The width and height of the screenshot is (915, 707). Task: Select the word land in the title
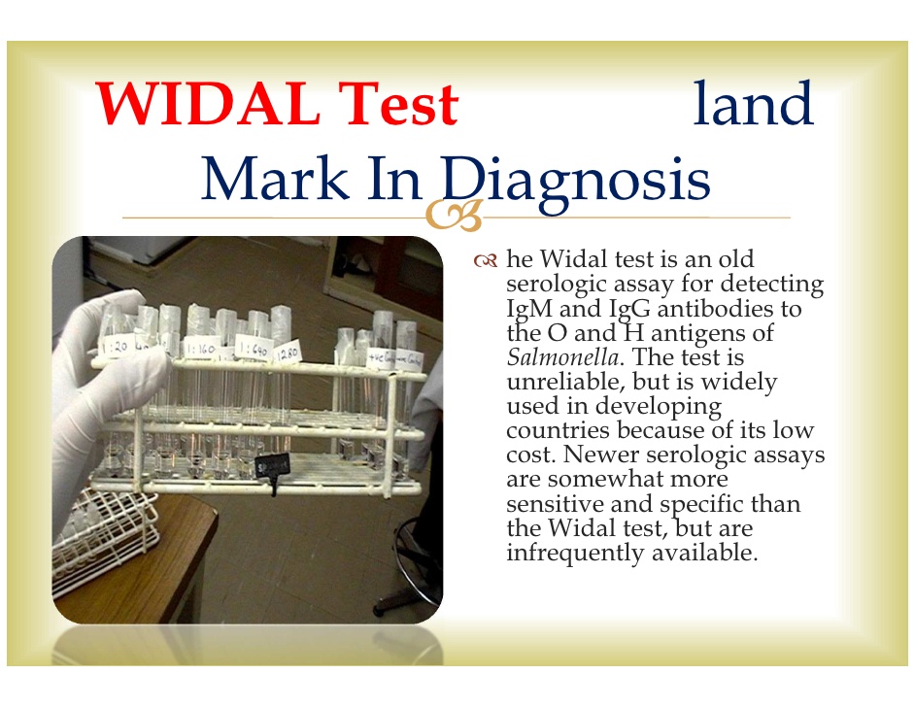point(753,105)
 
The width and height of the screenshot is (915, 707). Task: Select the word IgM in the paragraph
point(532,309)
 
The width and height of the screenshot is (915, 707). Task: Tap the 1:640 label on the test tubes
point(253,349)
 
